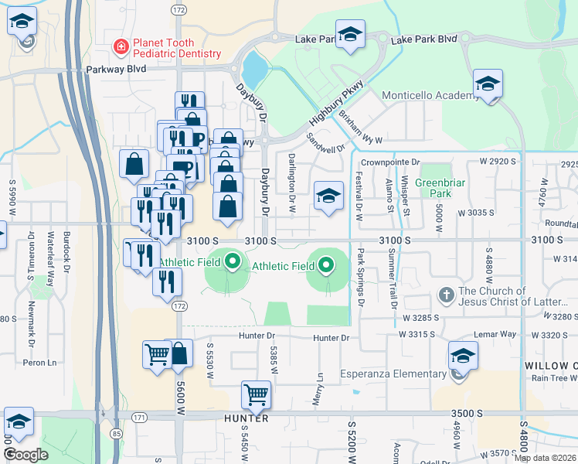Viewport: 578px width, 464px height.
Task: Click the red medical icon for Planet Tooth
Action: click(x=121, y=47)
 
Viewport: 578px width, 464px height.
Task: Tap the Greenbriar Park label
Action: click(x=433, y=188)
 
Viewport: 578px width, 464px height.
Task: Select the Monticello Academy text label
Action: click(x=430, y=96)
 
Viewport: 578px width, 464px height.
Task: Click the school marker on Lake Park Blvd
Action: click(x=351, y=36)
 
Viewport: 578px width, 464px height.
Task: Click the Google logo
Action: click(x=25, y=454)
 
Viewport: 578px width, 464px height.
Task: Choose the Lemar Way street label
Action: click(x=498, y=334)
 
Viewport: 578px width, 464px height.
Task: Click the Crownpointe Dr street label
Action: click(x=390, y=162)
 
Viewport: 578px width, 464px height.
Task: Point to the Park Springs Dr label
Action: click(x=361, y=277)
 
